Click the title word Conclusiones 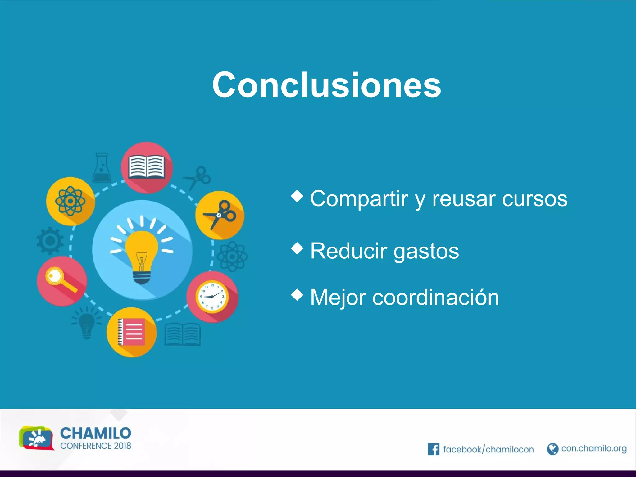(326, 85)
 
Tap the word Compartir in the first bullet (359, 198)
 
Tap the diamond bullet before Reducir (297, 248)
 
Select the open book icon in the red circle (147, 167)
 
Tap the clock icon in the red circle (212, 297)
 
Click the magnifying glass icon (61, 279)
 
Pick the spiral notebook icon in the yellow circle (132, 332)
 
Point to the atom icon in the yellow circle (70, 201)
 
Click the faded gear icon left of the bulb (50, 241)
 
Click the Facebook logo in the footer (433, 449)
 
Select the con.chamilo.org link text (594, 448)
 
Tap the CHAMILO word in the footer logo (96, 433)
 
